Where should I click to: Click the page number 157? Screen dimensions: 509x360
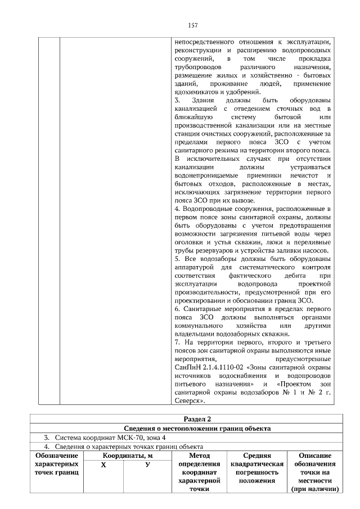192,25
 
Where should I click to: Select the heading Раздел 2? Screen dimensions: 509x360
197,419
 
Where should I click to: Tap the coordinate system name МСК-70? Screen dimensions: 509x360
122,438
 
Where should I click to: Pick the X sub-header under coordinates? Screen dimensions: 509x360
103,465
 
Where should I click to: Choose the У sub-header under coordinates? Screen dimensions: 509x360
147,465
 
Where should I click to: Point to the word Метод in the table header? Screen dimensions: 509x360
200,456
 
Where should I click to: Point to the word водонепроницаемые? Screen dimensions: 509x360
206,175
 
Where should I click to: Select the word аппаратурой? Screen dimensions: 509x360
195,267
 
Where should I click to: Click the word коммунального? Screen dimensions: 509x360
202,326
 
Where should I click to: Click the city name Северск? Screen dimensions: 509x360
188,402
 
